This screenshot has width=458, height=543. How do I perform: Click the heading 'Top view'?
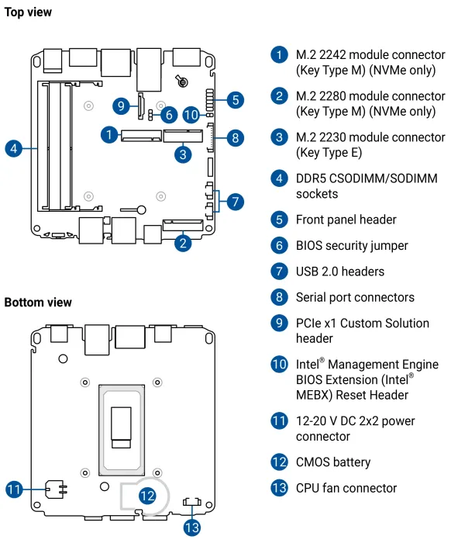pos(28,12)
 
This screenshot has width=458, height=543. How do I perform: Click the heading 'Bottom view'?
pos(38,303)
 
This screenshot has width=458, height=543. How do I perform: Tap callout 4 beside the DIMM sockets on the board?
pos(14,149)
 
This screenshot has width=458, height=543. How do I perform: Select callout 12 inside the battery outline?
pos(147,496)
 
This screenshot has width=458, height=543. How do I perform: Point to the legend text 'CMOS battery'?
pos(333,462)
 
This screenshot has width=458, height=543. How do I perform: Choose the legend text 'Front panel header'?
pos(346,220)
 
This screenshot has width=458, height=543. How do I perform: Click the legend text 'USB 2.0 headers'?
pos(340,271)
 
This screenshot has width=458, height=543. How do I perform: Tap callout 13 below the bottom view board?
pos(192,527)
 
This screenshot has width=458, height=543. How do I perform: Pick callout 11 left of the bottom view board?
pos(14,489)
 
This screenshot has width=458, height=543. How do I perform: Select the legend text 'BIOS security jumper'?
pos(352,246)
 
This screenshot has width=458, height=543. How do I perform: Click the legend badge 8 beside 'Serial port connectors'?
pos(279,297)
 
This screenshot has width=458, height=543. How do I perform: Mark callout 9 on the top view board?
pos(121,105)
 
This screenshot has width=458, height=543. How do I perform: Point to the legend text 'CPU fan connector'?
pos(346,488)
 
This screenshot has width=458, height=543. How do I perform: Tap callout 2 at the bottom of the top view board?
pos(183,243)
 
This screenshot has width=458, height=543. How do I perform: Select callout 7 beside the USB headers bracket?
pos(236,202)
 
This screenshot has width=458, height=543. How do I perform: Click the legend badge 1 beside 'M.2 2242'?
pos(279,55)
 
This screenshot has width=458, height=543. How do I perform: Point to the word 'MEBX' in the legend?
pos(314,395)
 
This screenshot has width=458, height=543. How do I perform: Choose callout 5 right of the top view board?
pos(236,100)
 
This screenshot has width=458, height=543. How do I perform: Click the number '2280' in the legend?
pos(334,96)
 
